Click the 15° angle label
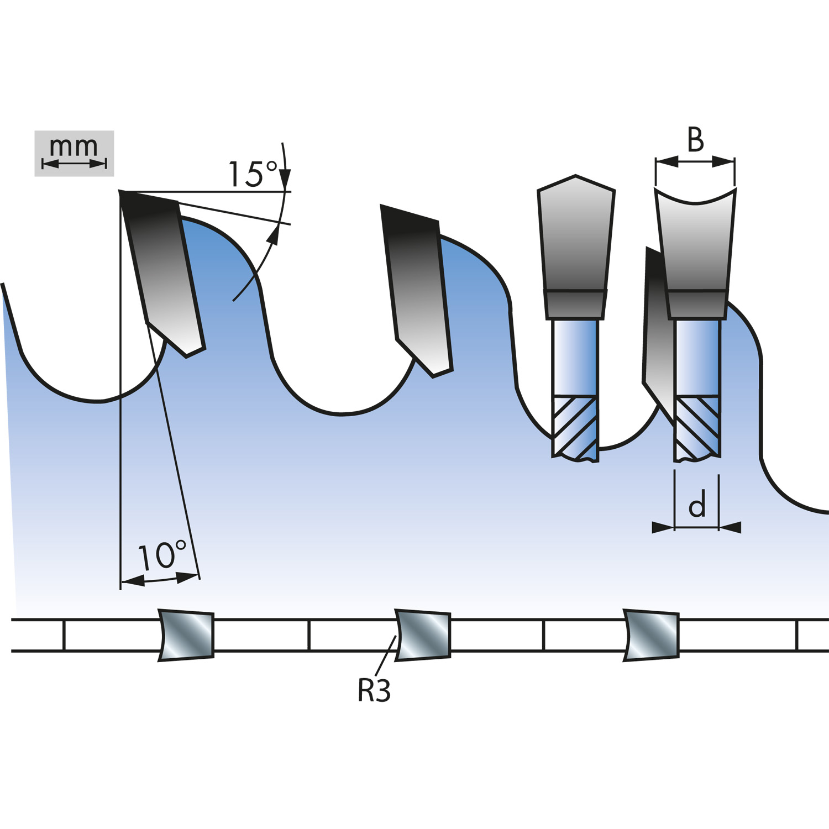253,174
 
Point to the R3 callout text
374,690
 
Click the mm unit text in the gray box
74,147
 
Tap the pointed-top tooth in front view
576,247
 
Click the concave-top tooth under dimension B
696,253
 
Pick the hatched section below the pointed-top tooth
575,428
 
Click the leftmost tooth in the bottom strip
186,635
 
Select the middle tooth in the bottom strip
423,635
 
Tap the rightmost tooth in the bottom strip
650,635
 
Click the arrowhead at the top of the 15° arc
285,178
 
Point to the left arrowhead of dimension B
667,161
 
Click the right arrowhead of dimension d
730,528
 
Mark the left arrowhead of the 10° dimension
133,581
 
